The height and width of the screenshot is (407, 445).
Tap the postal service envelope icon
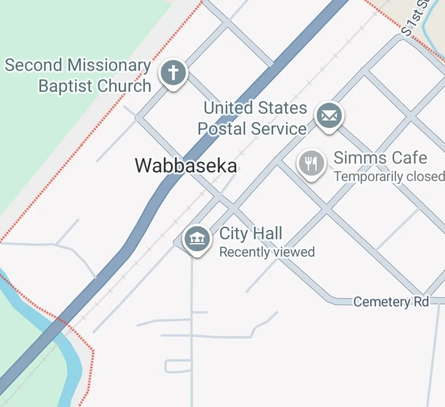click(329, 116)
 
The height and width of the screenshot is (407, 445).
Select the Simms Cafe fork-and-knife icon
click(311, 163)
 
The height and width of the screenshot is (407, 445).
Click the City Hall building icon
click(197, 239)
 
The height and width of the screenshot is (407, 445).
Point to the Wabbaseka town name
click(186, 166)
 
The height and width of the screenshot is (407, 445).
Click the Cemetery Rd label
click(391, 302)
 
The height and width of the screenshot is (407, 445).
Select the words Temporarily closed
click(389, 176)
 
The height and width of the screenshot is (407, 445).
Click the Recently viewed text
click(267, 252)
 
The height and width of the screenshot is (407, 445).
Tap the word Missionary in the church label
click(109, 65)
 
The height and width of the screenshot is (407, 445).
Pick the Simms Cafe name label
click(380, 158)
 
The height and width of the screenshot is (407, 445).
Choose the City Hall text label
click(251, 233)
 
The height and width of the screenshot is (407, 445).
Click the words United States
click(255, 108)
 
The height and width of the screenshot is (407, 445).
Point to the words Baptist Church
click(95, 86)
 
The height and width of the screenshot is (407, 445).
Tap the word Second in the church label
click(34, 65)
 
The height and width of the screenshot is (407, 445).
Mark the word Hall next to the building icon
click(267, 233)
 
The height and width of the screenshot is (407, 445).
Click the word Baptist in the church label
click(66, 86)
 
